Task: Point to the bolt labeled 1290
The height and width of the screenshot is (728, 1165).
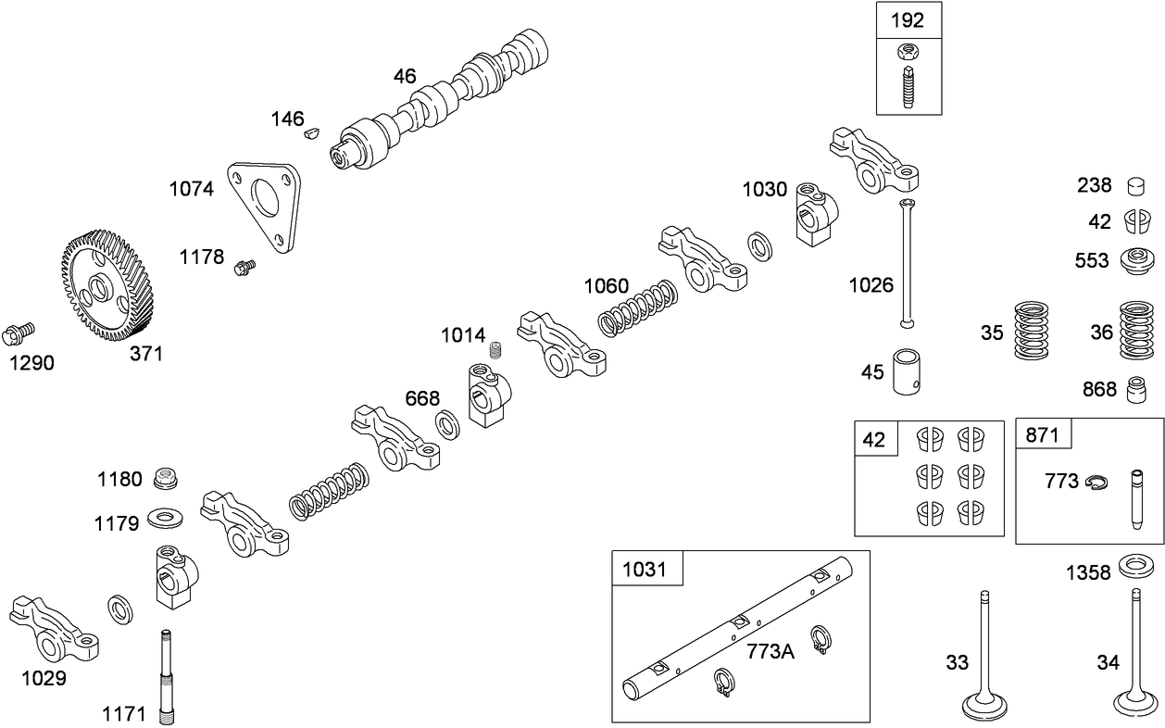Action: coord(19,330)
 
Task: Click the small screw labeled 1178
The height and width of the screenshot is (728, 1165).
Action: coord(246,268)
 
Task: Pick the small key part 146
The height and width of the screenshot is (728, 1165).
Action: coord(312,133)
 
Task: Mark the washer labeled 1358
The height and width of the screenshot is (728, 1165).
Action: coord(1137,564)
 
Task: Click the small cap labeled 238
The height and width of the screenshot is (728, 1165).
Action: coord(1137,186)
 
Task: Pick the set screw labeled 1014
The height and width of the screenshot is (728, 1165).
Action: coord(495,350)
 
